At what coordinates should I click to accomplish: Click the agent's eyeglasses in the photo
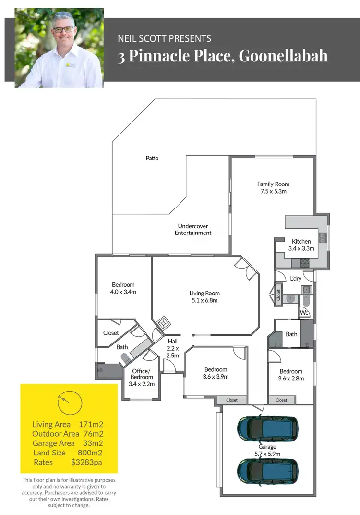(63, 29)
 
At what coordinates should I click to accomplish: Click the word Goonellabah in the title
(283, 56)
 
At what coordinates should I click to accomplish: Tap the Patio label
(152, 158)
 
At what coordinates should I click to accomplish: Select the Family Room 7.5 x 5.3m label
(273, 188)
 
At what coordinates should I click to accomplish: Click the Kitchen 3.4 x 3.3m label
(301, 245)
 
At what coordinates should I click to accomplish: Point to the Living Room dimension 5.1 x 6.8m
(204, 301)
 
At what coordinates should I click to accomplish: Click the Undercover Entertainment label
(193, 229)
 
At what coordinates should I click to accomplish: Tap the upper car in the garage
(267, 427)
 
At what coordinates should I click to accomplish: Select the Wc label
(303, 313)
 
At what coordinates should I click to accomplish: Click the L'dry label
(296, 279)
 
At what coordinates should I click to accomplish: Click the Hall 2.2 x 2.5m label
(173, 348)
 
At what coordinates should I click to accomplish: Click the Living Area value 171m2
(91, 424)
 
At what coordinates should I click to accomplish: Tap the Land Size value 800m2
(90, 453)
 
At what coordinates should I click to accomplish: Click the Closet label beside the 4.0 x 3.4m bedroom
(111, 333)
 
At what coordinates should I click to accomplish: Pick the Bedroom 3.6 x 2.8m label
(291, 375)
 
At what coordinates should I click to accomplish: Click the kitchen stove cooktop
(305, 263)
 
